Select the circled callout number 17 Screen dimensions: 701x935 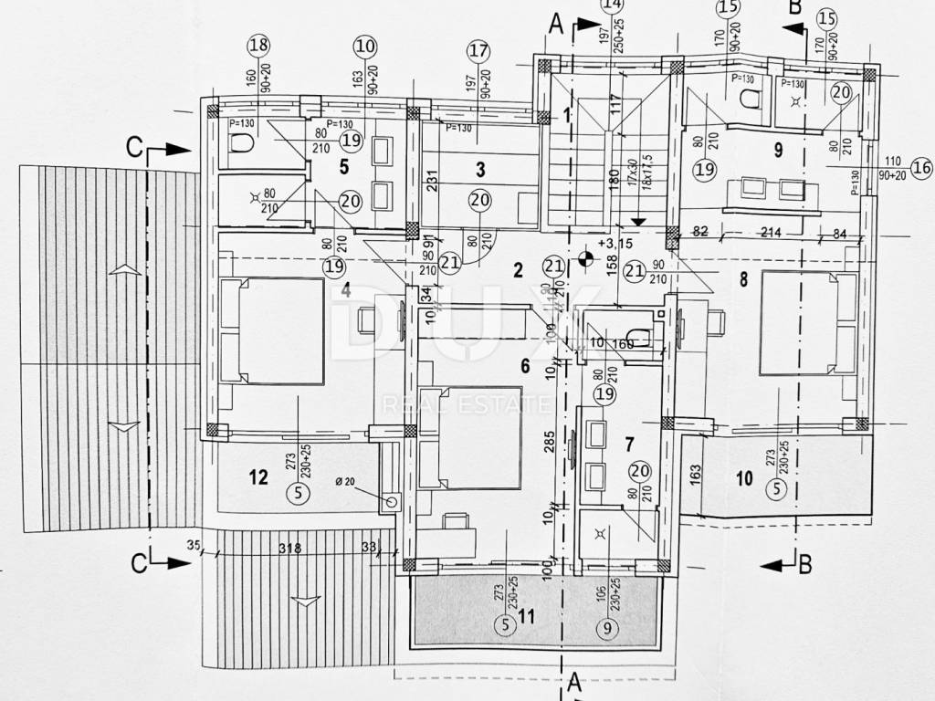477,50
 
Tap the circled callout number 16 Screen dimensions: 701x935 920,167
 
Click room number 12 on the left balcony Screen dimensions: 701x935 258,476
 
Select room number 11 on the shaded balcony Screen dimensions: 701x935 526,617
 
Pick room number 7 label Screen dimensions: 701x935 629,445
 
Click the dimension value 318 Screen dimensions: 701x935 291,549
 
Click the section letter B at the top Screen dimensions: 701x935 794,8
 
